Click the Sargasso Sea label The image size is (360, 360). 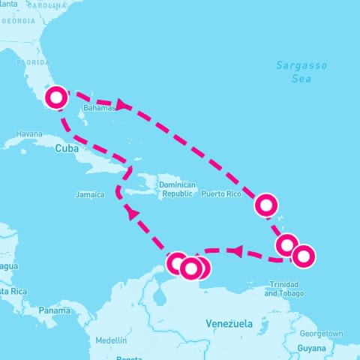tap(301, 72)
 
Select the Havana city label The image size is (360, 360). tap(29, 134)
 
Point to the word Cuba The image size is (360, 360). tap(67, 148)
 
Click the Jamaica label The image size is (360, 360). tap(91, 195)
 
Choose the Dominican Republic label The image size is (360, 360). tap(178, 189)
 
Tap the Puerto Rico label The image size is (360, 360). tap(221, 194)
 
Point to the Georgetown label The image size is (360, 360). tap(321, 334)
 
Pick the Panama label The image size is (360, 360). tap(55, 310)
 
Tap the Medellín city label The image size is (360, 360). tap(111, 340)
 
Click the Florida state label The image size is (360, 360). tap(33, 62)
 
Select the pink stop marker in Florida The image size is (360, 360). tap(57, 97)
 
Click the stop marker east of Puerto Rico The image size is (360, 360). tap(266, 204)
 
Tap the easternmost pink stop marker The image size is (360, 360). tap(303, 256)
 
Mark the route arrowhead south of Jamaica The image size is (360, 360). tap(133, 214)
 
